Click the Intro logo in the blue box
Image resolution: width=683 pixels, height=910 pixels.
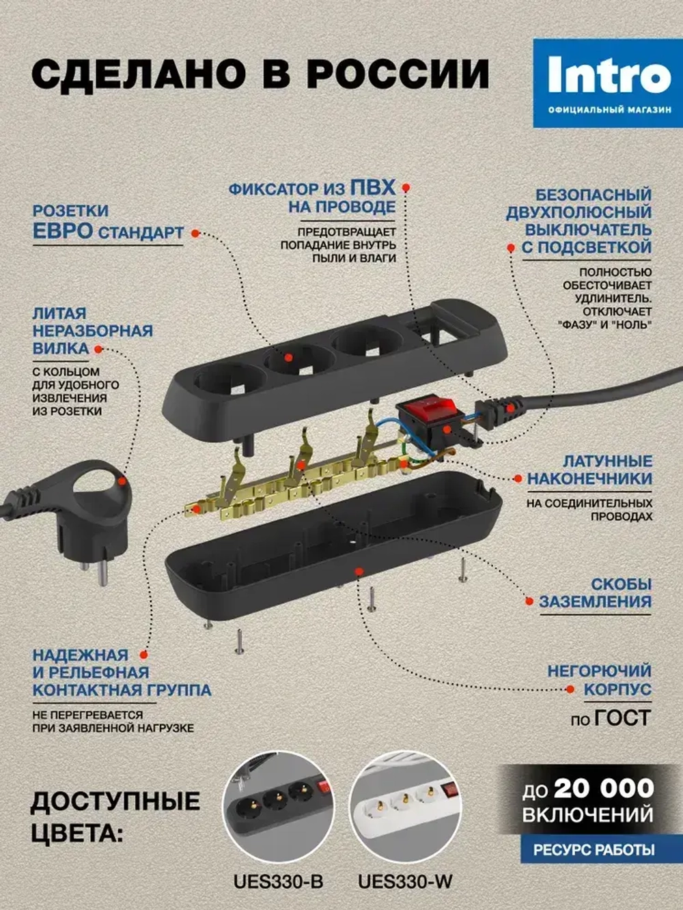click(x=609, y=76)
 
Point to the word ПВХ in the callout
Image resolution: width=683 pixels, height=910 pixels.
click(x=372, y=187)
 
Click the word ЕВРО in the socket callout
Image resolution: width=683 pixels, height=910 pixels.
click(x=63, y=231)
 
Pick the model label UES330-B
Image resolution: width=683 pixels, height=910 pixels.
click(x=278, y=881)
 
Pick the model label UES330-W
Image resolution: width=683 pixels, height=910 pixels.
click(x=405, y=881)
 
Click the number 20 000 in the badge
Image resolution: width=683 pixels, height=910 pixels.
click(x=604, y=788)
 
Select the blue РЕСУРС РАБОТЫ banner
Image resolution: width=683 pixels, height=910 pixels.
click(x=594, y=850)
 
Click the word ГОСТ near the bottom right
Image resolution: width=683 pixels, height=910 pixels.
click(x=622, y=718)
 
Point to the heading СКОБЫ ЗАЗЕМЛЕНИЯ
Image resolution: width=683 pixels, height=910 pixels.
click(x=595, y=593)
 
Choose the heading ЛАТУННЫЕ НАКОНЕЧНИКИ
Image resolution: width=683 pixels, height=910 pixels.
click(x=589, y=470)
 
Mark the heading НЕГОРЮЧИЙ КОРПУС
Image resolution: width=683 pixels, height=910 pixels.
click(x=599, y=681)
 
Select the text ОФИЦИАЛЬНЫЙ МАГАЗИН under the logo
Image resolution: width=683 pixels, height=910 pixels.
click(x=609, y=110)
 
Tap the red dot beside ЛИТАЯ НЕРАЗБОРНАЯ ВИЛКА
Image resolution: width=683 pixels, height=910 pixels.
click(x=98, y=349)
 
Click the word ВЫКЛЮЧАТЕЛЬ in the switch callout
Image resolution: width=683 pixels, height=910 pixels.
click(x=588, y=230)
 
